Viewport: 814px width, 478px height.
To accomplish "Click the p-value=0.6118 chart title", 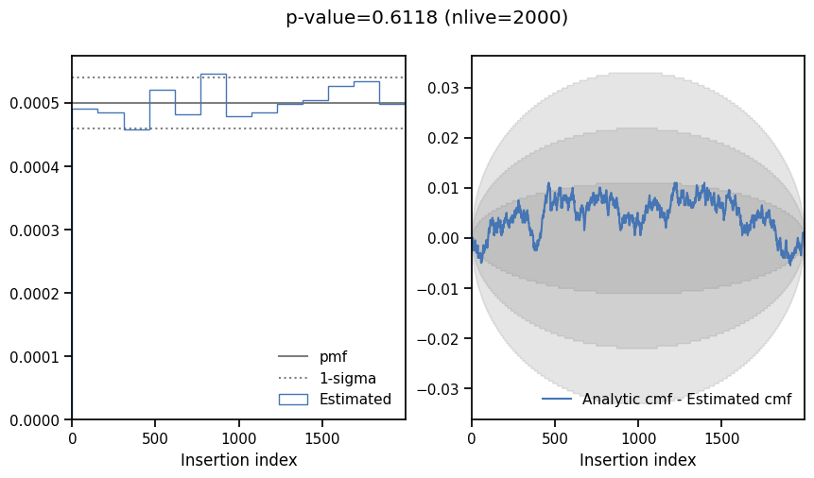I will point(426,18).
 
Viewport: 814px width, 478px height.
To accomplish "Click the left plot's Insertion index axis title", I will point(238,460).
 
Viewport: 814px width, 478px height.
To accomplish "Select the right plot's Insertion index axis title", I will point(637,460).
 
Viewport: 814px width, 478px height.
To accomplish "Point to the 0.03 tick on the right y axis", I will point(445,88).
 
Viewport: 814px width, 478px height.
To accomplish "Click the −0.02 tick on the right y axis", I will point(442,338).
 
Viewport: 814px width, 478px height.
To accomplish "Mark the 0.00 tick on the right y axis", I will point(445,238).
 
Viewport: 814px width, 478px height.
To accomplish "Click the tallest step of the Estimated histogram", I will point(213,74).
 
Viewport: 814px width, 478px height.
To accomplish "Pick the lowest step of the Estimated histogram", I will point(136,128).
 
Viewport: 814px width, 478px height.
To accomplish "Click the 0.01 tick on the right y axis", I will point(445,188).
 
